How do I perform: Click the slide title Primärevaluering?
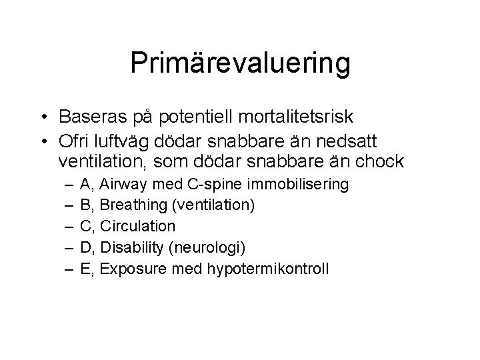coord(240,63)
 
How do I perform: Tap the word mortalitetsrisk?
coord(304,117)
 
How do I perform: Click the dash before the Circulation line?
coord(69,226)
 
